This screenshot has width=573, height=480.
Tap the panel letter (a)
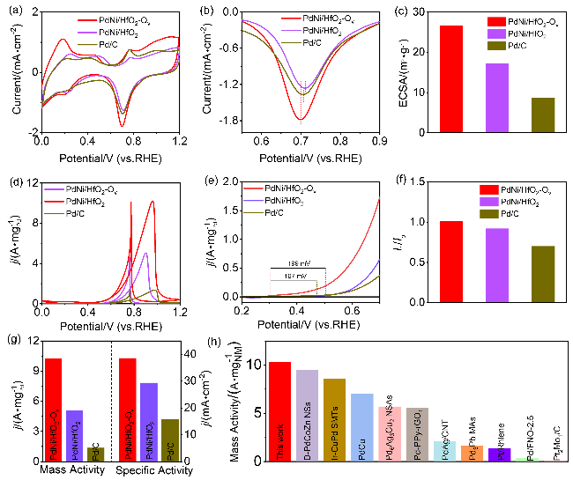[12, 10]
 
